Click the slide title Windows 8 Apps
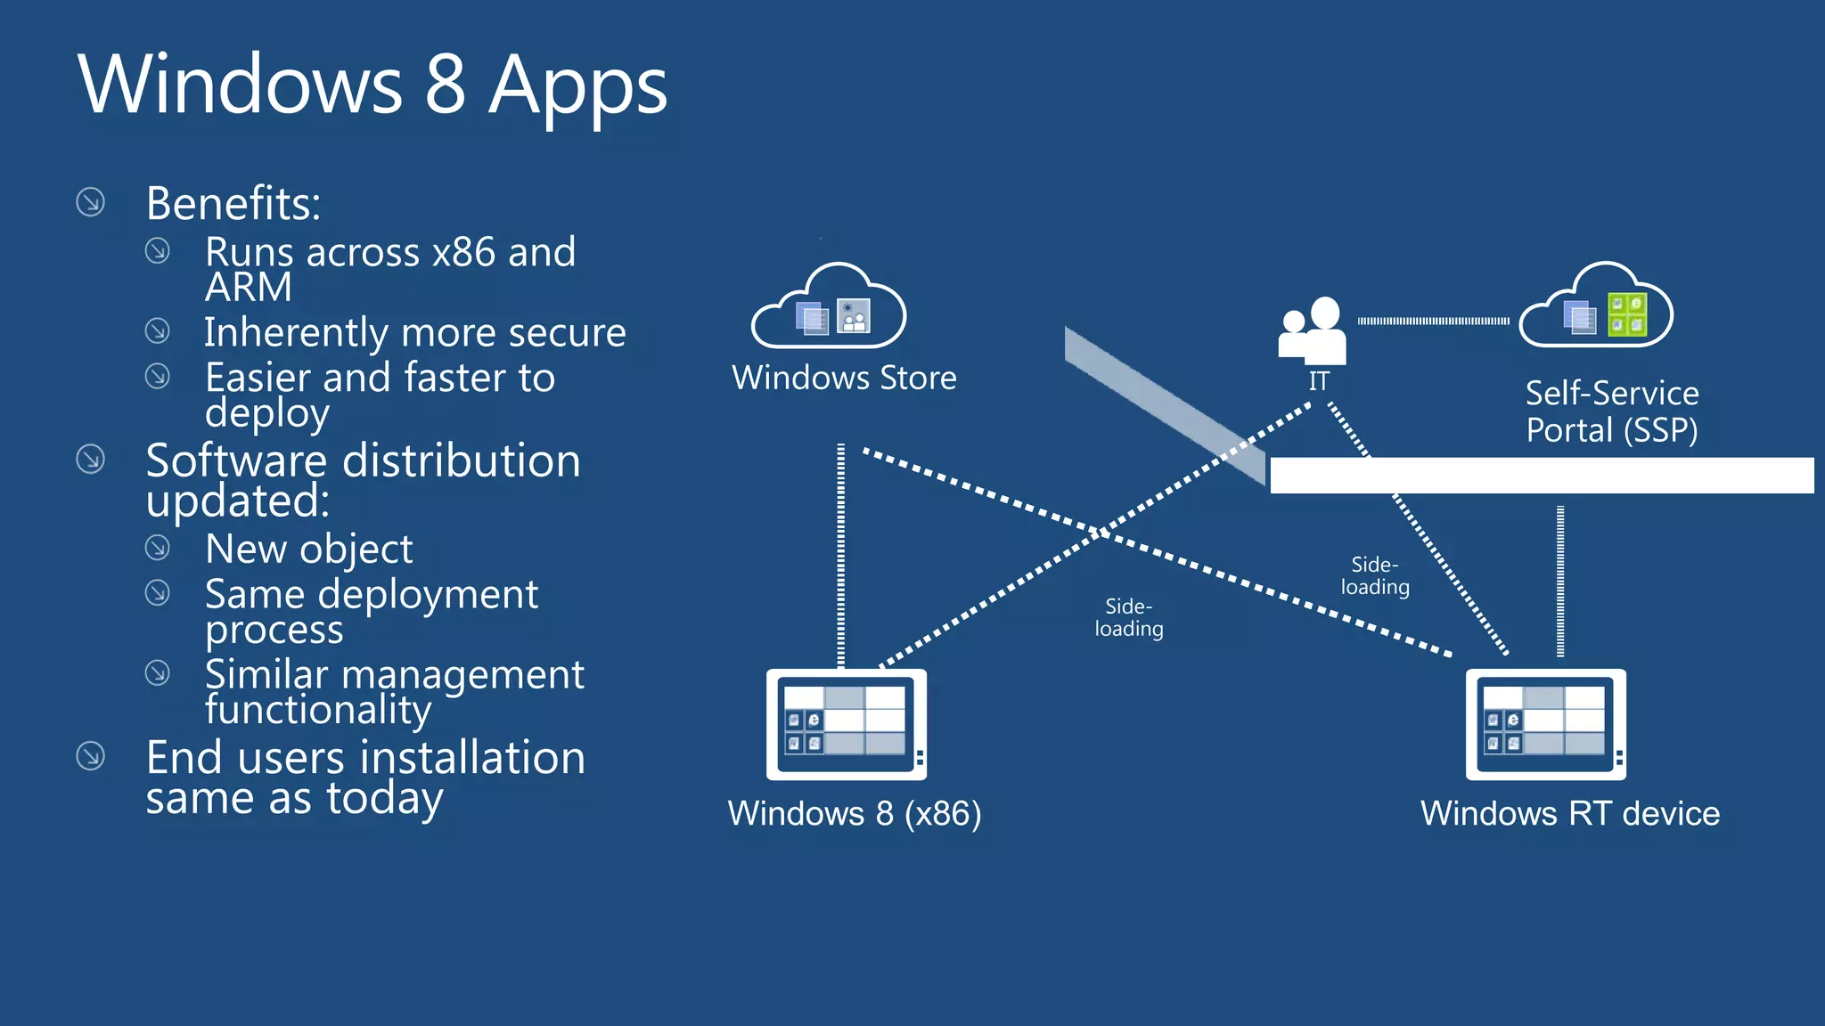(372, 85)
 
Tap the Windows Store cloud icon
(829, 307)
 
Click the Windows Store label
(844, 378)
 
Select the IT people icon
(1313, 330)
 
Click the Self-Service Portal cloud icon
(1596, 307)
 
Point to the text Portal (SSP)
(1611, 430)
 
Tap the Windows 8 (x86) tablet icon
(846, 724)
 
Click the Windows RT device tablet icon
(1545, 724)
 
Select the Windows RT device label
(1569, 813)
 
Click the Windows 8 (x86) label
(854, 813)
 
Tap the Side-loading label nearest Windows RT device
(1375, 576)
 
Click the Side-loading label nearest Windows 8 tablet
(1129, 618)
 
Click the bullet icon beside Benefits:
(90, 202)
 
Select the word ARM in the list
(248, 288)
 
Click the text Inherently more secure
(414, 332)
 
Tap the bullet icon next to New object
(158, 547)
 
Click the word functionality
(318, 710)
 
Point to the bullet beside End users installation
(90, 756)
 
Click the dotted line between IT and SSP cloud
(1433, 321)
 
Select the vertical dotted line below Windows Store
(840, 552)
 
